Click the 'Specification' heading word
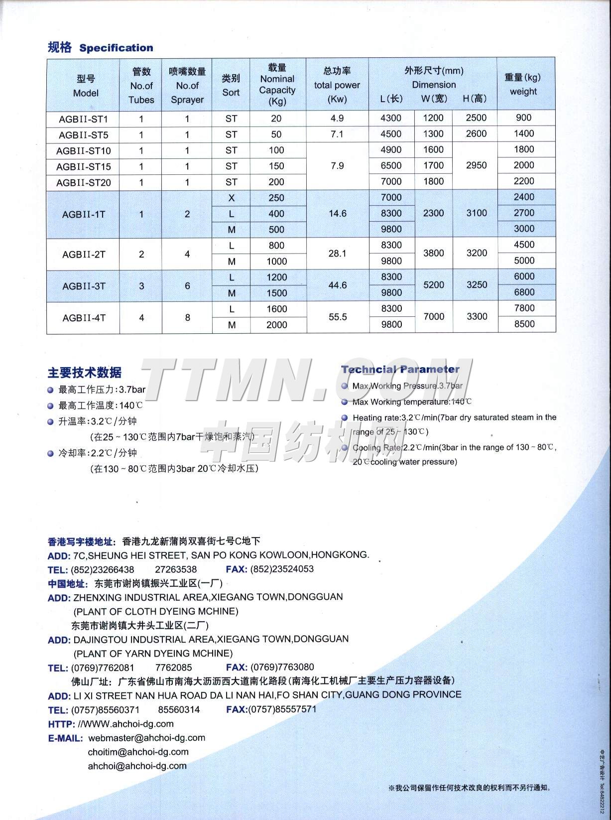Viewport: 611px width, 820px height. point(116,48)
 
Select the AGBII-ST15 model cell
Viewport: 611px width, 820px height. point(84,166)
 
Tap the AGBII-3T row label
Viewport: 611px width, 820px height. point(84,286)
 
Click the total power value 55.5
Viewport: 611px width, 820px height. point(338,317)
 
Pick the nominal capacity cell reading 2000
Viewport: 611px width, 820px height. point(277,325)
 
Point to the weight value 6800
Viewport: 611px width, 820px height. point(524,292)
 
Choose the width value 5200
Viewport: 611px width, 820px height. point(433,285)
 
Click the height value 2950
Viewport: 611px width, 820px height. point(476,165)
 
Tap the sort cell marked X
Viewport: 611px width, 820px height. point(232,198)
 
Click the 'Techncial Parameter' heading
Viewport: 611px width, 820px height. point(400,369)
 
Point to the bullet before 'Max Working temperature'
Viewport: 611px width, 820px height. point(345,402)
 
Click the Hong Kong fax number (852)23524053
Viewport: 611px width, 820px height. point(282,569)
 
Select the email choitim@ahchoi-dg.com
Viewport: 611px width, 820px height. point(138,752)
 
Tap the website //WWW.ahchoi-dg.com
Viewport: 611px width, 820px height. point(125,724)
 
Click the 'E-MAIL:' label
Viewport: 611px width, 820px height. point(65,738)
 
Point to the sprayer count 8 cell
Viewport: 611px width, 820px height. point(187,317)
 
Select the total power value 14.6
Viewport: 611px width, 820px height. point(338,214)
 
